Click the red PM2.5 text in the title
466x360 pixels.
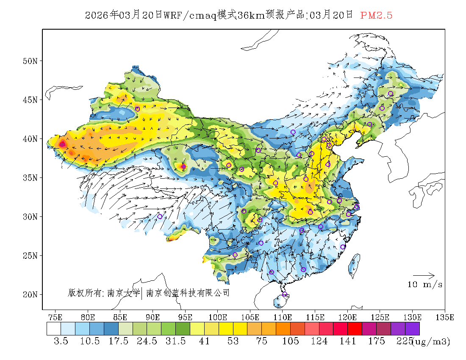[x=376, y=16]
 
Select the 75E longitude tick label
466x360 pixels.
[x=55, y=317]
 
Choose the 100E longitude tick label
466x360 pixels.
[x=217, y=317]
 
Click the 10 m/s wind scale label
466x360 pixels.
[x=425, y=285]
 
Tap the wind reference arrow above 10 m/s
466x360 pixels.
[x=424, y=276]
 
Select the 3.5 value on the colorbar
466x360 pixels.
[x=61, y=341]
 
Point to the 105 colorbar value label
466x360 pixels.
[x=290, y=341]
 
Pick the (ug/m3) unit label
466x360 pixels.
[x=431, y=341]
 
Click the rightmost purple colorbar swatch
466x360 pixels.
[x=412, y=329]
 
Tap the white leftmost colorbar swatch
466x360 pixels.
[x=54, y=329]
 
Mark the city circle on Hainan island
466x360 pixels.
[x=285, y=294]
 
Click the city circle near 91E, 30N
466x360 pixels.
[x=160, y=216]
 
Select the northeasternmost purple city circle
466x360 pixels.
[x=391, y=94]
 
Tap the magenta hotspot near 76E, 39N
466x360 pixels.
[x=62, y=144]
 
